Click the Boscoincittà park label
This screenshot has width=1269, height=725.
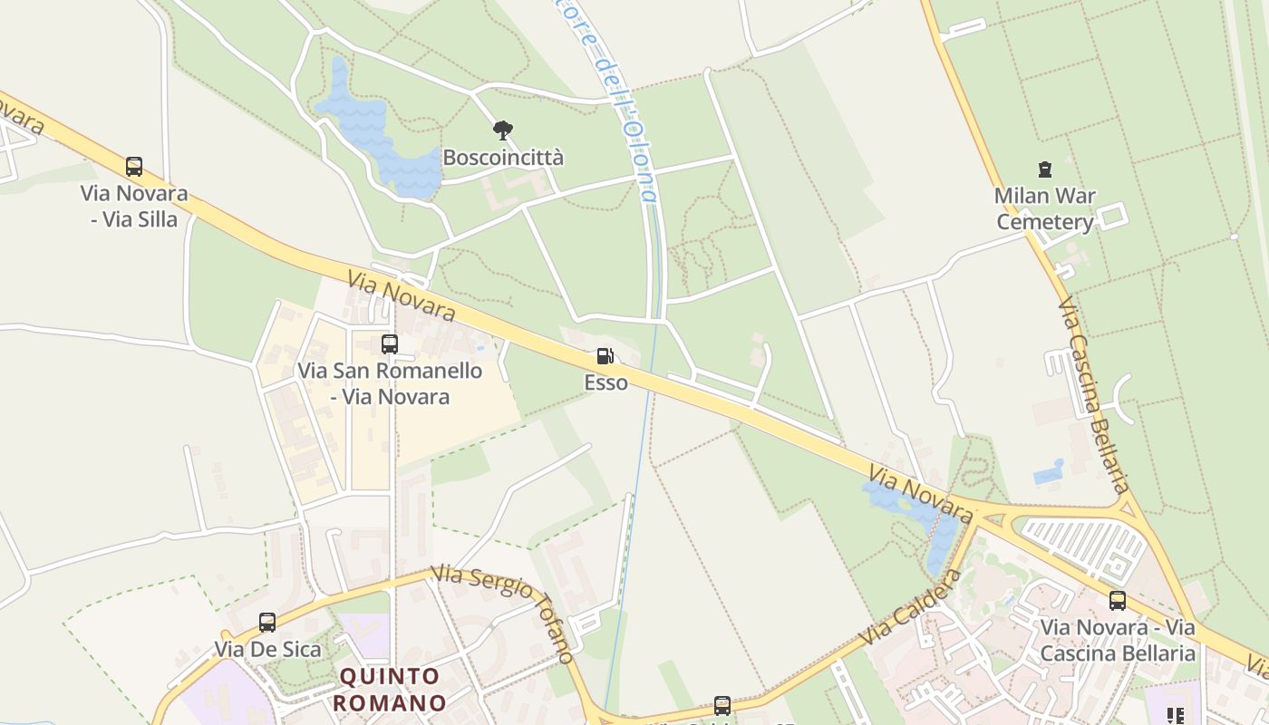point(503,158)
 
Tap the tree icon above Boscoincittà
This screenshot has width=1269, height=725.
point(503,130)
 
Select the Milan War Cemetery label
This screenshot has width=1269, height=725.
point(1045,208)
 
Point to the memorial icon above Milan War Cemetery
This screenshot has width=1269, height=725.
point(1045,169)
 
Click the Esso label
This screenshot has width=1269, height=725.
point(605,382)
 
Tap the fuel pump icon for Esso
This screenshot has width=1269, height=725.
point(605,356)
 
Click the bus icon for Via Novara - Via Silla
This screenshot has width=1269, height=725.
point(134,167)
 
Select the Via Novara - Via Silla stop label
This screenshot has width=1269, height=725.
point(134,206)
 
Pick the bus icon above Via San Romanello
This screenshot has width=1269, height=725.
point(390,344)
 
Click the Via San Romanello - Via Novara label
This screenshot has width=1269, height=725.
point(390,383)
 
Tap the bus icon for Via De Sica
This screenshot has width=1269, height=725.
point(267,623)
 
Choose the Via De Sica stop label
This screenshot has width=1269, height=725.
point(267,649)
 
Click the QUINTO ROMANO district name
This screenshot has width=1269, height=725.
point(390,690)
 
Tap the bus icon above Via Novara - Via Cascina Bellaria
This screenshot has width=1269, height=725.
point(1118,600)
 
